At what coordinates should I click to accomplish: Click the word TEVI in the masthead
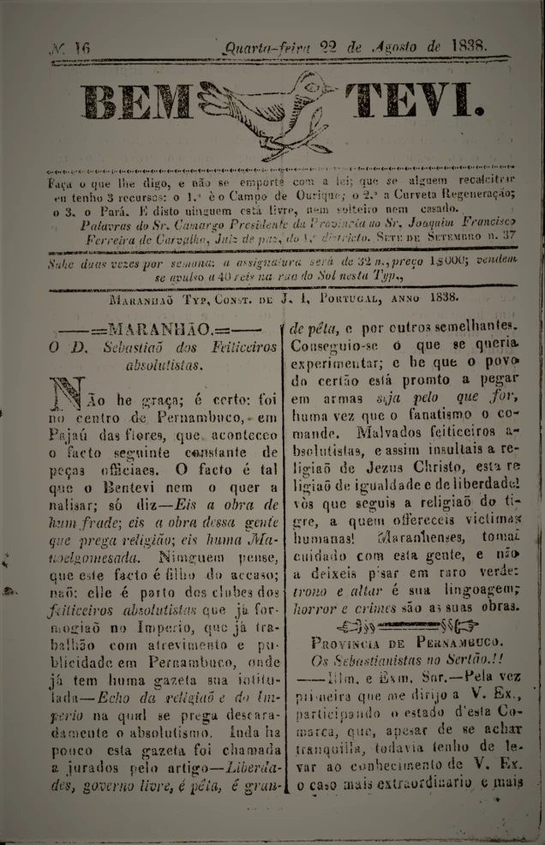coord(413,105)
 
